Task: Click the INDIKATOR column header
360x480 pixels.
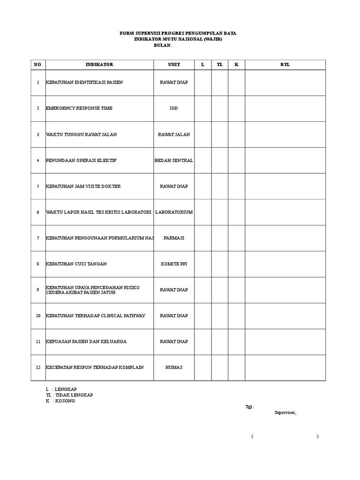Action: pos(99,65)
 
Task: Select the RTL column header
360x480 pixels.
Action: pos(285,65)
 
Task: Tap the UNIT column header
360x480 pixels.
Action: pos(174,65)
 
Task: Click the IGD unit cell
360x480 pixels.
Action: pos(174,108)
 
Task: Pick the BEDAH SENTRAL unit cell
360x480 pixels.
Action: pos(174,160)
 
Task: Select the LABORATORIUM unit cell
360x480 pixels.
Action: pos(174,212)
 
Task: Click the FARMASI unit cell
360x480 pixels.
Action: pos(174,238)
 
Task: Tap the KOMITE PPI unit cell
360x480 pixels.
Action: pos(174,264)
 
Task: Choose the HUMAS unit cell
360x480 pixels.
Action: pos(174,367)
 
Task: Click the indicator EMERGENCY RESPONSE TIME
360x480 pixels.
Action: pos(79,108)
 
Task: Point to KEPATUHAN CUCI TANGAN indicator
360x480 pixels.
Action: pos(76,264)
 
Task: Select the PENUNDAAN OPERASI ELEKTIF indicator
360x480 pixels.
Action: pos(81,160)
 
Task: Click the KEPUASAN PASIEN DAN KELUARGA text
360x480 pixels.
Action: pos(86,342)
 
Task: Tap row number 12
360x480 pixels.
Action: pos(37,367)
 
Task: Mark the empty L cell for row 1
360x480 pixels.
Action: pos(203,82)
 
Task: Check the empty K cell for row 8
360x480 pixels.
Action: pos(237,264)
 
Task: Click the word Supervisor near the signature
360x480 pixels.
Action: pos(285,413)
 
